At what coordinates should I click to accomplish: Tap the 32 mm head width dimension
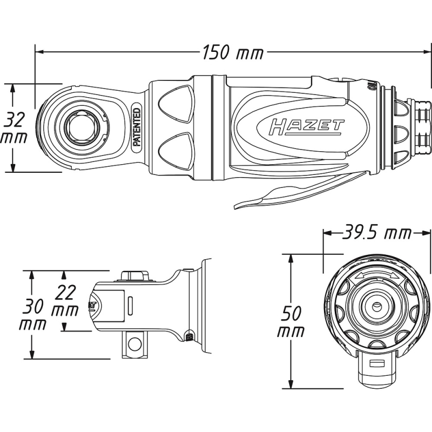point(14,127)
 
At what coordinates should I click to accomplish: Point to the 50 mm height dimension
point(292,322)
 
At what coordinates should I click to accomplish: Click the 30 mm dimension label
point(32,315)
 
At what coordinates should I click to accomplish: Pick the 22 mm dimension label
point(65,302)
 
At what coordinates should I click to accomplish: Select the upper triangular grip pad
point(177,105)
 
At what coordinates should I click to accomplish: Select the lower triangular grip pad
point(177,150)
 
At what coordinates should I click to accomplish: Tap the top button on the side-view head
point(134,275)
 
